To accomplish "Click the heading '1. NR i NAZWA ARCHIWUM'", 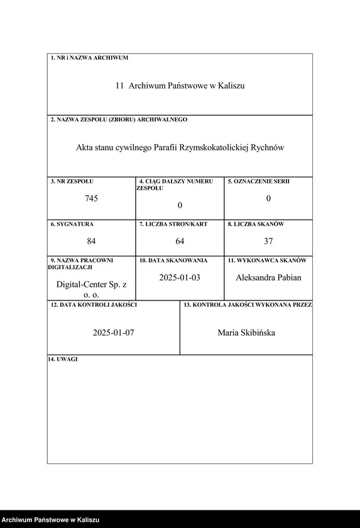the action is (89, 58).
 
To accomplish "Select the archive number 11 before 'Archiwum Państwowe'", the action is (119, 85).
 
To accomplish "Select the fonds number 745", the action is (92, 199).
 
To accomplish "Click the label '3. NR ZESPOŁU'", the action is (72, 182).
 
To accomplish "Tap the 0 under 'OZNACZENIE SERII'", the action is (268, 199).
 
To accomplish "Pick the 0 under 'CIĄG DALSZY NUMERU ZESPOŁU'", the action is (180, 206).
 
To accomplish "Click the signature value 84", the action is (92, 241).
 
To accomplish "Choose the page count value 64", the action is (180, 241).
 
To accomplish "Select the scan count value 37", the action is (268, 241).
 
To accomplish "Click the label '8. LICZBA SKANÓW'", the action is (256, 224).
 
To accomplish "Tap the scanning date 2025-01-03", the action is (180, 277).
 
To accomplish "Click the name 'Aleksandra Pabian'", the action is (268, 277).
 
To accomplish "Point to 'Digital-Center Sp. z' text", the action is (92, 285).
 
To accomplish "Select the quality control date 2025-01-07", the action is (114, 333).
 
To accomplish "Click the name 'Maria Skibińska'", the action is (246, 333).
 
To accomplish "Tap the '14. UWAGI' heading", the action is (63, 359).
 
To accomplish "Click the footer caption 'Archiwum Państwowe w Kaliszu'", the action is (50, 520).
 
